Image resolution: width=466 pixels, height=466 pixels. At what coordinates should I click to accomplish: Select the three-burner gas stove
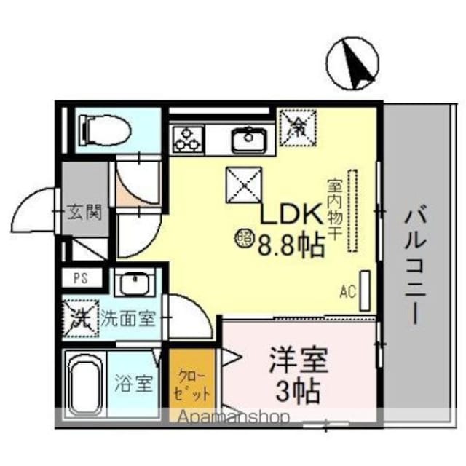pyautogui.click(x=187, y=138)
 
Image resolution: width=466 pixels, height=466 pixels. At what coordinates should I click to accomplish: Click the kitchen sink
pyautogui.click(x=250, y=139)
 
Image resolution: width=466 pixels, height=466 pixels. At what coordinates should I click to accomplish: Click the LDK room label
pyautogui.click(x=291, y=216)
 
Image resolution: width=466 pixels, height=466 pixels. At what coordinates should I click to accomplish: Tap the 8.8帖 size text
pyautogui.click(x=290, y=246)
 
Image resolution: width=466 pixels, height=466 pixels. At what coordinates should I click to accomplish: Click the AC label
pyautogui.click(x=347, y=293)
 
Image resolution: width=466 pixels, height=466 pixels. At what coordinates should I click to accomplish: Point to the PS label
pyautogui.click(x=79, y=278)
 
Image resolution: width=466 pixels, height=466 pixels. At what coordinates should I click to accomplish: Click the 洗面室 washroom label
pyautogui.click(x=127, y=318)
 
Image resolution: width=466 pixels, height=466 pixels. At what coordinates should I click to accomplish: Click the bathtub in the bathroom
pyautogui.click(x=86, y=384)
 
